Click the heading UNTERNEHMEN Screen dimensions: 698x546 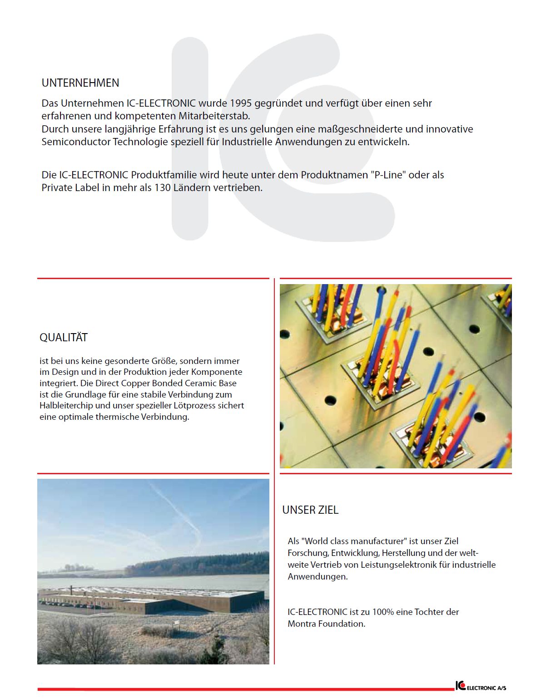pyautogui.click(x=80, y=83)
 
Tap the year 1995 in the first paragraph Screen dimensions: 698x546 pyautogui.click(x=241, y=103)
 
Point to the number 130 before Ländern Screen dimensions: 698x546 pyautogui.click(x=162, y=188)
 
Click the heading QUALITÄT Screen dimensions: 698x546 pyautogui.click(x=64, y=338)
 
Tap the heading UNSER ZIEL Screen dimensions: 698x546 pyautogui.click(x=310, y=510)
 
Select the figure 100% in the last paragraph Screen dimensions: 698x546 pyautogui.click(x=383, y=612)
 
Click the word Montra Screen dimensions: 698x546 pyautogui.click(x=302, y=624)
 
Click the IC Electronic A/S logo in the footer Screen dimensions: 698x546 pyautogui.click(x=481, y=686)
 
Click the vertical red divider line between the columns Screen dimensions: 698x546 pyautogui.click(x=274, y=472)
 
